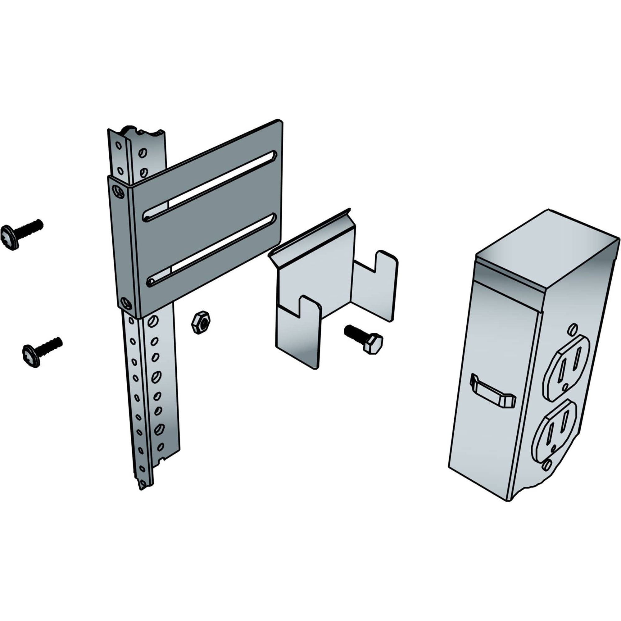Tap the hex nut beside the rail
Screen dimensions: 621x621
[200, 322]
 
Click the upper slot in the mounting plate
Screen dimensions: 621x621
[209, 187]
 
